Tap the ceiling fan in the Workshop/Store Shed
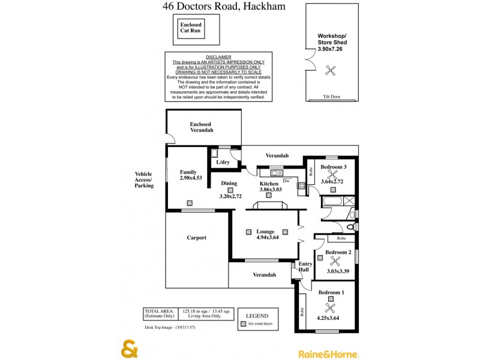(x=329, y=70)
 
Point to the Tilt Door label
(x=331, y=96)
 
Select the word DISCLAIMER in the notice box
(x=218, y=56)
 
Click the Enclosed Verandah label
(x=201, y=127)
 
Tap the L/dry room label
(x=223, y=163)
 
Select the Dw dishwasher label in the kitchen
(x=286, y=180)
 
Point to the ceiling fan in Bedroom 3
(x=331, y=175)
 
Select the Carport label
(x=196, y=238)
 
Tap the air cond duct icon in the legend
(x=243, y=324)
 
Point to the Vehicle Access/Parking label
(x=144, y=180)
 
